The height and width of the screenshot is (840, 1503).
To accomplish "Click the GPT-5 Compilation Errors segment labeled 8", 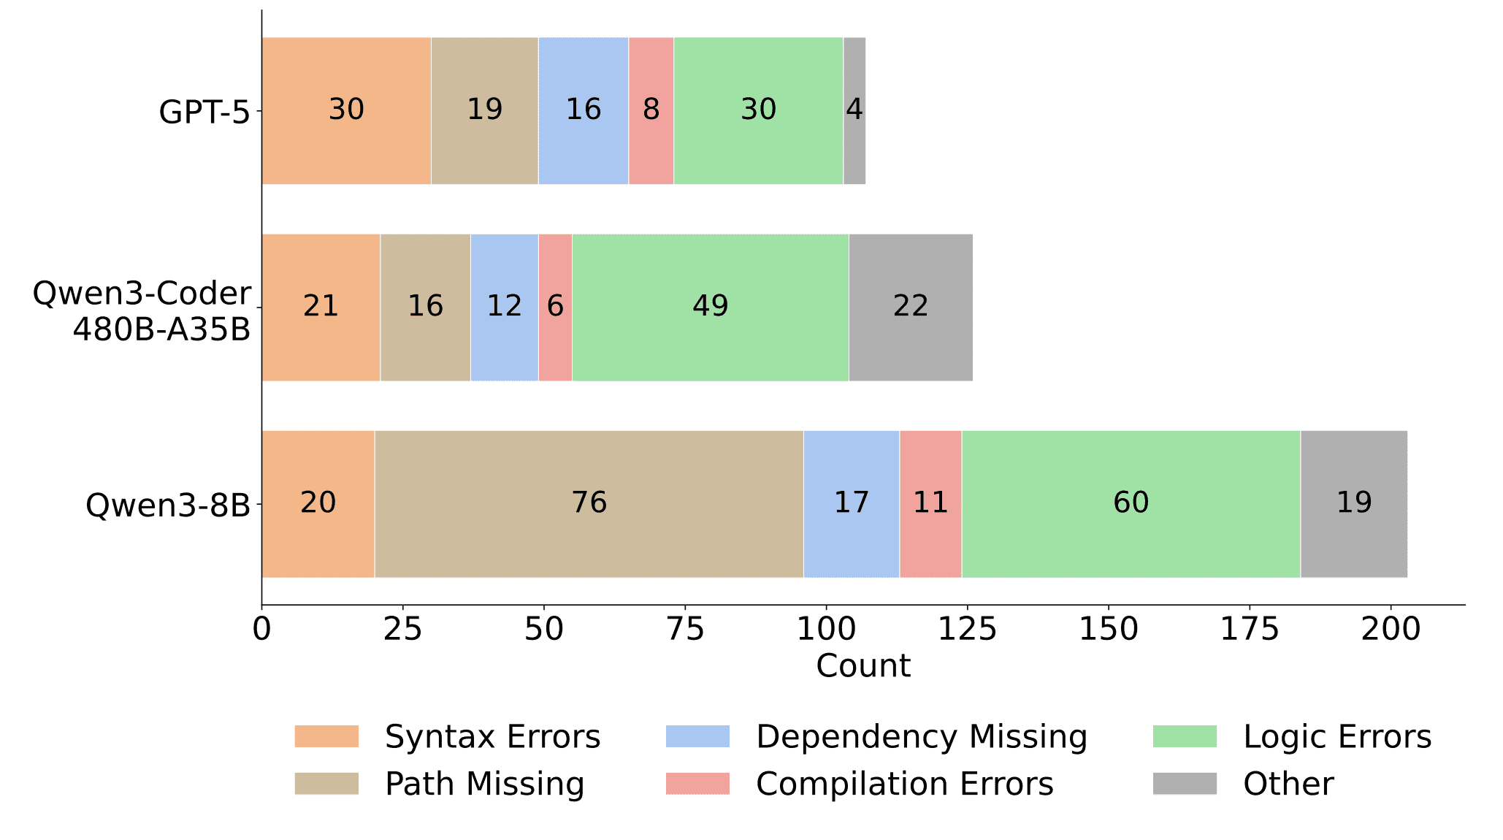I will (651, 110).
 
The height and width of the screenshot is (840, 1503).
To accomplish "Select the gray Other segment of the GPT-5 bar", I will (854, 110).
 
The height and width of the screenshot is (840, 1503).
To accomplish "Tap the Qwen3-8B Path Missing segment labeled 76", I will (589, 503).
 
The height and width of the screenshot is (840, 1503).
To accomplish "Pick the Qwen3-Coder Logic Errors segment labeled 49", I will (710, 307).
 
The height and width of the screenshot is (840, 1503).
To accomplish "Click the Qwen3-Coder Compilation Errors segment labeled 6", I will (555, 307).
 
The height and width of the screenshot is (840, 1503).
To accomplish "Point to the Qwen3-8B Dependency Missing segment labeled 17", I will (851, 503).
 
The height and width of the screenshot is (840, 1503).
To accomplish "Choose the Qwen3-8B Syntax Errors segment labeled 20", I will (318, 503).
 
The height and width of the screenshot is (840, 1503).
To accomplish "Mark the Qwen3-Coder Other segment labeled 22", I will (910, 307).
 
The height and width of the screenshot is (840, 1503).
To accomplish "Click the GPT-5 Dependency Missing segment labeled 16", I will (583, 110).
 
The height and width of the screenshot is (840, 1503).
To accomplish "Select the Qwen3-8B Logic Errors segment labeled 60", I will (1131, 503).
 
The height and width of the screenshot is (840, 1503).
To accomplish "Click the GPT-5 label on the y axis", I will (204, 112).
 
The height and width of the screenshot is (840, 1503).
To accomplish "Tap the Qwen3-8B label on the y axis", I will (168, 505).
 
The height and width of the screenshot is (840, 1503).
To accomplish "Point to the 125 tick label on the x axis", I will (967, 629).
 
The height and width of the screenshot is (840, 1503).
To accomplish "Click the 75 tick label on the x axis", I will (685, 629).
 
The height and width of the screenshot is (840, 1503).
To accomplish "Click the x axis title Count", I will (863, 666).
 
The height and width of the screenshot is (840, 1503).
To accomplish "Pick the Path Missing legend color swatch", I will (326, 784).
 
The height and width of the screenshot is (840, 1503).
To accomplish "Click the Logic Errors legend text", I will (1336, 737).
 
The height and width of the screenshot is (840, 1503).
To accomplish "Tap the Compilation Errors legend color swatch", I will (697, 784).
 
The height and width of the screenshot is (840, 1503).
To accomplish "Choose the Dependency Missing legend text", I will (921, 737).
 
